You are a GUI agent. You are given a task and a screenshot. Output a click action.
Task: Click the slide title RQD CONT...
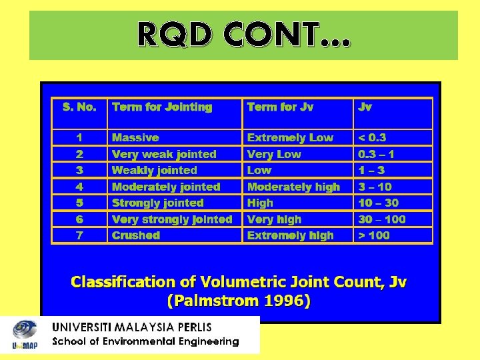[x=243, y=34]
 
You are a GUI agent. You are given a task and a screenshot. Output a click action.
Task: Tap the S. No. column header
[x=79, y=107]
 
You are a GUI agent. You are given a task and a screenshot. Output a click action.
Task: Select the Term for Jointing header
[x=162, y=107]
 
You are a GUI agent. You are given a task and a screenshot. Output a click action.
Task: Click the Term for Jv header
[x=280, y=107]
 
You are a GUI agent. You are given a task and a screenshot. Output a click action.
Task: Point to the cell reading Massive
[x=135, y=137]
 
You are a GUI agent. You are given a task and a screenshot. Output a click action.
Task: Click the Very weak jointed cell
[x=164, y=154]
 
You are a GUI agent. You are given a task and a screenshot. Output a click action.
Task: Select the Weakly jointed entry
[x=155, y=171]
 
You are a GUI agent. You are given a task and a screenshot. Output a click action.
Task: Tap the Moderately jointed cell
[x=166, y=187]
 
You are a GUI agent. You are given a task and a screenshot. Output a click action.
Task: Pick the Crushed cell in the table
[x=136, y=235]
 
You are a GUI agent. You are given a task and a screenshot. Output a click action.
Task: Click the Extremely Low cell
[x=290, y=137]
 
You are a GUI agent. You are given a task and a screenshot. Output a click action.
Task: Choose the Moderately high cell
[x=293, y=187]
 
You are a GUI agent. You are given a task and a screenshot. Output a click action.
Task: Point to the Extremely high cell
[x=291, y=235]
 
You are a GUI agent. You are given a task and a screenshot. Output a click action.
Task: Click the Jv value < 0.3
[x=372, y=137]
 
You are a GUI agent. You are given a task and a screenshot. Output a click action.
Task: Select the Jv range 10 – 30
[x=379, y=203]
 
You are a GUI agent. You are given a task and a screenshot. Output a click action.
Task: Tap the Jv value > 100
[x=374, y=235]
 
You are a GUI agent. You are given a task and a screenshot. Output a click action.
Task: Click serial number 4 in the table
[x=79, y=187]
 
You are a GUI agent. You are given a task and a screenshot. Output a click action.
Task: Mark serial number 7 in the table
[x=79, y=235]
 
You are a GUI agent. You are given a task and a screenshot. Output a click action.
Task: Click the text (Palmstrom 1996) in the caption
[x=238, y=301]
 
